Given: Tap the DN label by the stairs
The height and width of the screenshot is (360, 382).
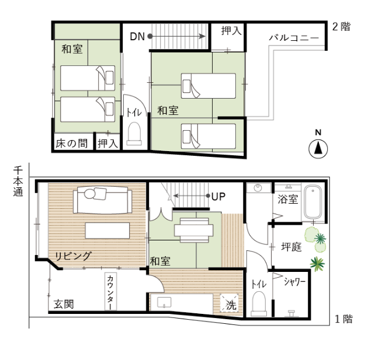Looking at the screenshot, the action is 137,37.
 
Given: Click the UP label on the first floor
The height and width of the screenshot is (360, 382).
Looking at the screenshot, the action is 218,197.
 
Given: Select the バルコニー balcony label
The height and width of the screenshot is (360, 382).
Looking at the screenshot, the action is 294,38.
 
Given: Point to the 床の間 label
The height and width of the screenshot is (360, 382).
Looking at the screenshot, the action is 72,144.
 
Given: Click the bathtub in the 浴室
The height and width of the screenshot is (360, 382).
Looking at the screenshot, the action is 313,202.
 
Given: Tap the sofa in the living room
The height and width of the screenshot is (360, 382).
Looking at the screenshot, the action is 102,200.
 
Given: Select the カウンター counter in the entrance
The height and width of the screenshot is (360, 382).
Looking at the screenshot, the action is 110,292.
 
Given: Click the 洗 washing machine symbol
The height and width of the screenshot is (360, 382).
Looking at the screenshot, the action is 229,303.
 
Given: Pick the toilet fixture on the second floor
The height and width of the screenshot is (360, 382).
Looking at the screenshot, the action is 134,134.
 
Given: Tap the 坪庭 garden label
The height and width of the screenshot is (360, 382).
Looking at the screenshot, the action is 291,247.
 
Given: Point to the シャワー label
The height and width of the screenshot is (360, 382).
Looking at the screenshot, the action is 294,282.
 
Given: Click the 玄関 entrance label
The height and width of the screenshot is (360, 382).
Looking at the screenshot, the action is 64,304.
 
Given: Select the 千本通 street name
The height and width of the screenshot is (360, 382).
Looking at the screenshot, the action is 18,181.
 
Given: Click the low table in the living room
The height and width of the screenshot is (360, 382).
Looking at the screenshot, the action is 107,230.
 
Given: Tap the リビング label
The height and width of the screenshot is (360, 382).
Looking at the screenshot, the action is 73,256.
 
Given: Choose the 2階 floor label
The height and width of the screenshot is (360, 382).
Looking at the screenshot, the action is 341,26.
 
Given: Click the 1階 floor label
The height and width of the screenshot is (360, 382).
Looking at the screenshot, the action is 344,319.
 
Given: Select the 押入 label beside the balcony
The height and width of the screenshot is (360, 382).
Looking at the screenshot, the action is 231,31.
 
